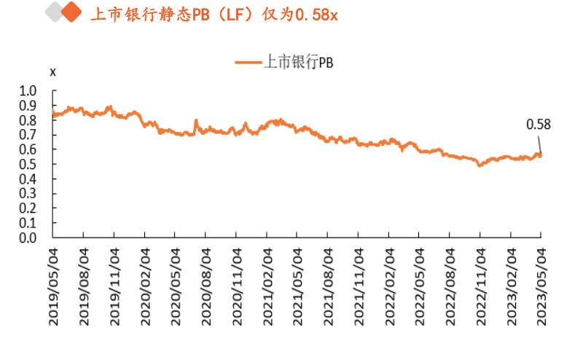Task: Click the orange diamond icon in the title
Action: (71, 13)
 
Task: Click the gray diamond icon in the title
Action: (54, 13)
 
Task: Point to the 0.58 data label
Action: (538, 125)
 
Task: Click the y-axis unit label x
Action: (52, 71)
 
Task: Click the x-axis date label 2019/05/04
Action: (53, 285)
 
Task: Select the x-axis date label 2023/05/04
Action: (541, 285)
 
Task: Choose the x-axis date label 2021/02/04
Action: (267, 285)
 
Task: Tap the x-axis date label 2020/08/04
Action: (205, 285)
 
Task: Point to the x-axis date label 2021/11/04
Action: (358, 285)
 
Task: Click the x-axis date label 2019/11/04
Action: (114, 285)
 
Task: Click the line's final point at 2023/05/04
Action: (540, 154)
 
